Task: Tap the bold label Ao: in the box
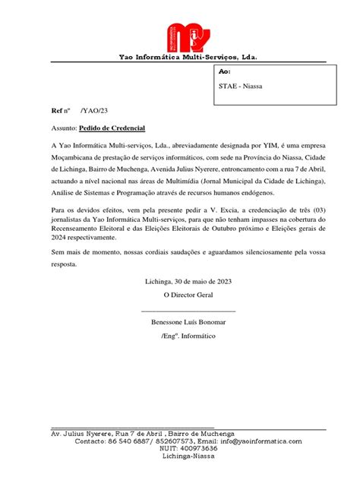click(224, 71)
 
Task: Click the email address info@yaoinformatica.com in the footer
click(260, 441)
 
